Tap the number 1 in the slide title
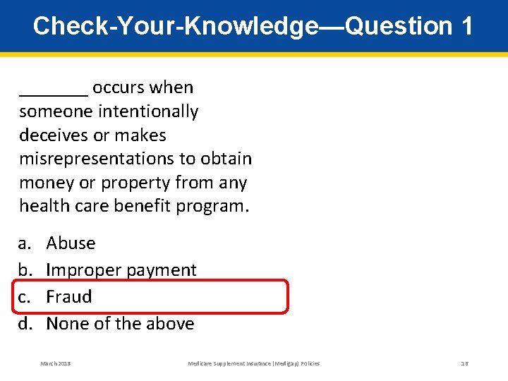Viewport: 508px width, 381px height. coord(466,26)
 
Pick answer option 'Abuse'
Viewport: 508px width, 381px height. coord(71,243)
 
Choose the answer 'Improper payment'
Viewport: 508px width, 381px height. coord(121,270)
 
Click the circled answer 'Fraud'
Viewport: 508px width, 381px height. coord(69,297)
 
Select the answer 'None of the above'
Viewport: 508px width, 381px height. coord(120,324)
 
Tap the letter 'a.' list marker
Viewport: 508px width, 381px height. coord(25,243)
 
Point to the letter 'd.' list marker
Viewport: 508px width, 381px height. coord(26,324)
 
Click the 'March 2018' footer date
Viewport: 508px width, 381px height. coord(56,363)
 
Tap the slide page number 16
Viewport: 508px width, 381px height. coord(465,363)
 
